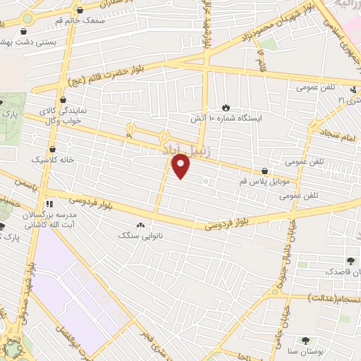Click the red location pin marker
182,167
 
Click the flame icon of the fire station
226,106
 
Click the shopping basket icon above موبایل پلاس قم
264,170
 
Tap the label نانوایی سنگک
140,234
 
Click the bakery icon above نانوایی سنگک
140,224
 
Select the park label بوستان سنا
304,350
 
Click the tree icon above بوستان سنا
305,340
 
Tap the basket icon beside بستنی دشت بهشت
25,32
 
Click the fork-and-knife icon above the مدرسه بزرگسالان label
49,202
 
